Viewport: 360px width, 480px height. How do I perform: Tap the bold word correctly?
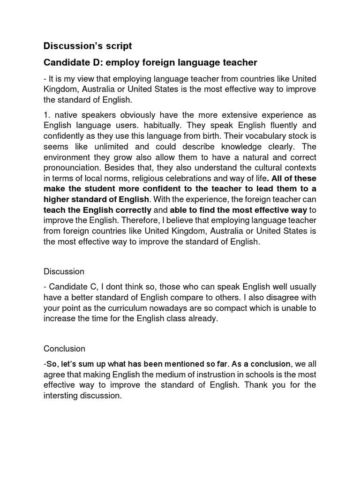[x=133, y=210]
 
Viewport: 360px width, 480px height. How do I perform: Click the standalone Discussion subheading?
[x=64, y=271]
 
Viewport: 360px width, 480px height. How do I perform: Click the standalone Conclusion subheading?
[x=64, y=348]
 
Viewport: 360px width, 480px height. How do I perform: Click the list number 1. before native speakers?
[x=47, y=115]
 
